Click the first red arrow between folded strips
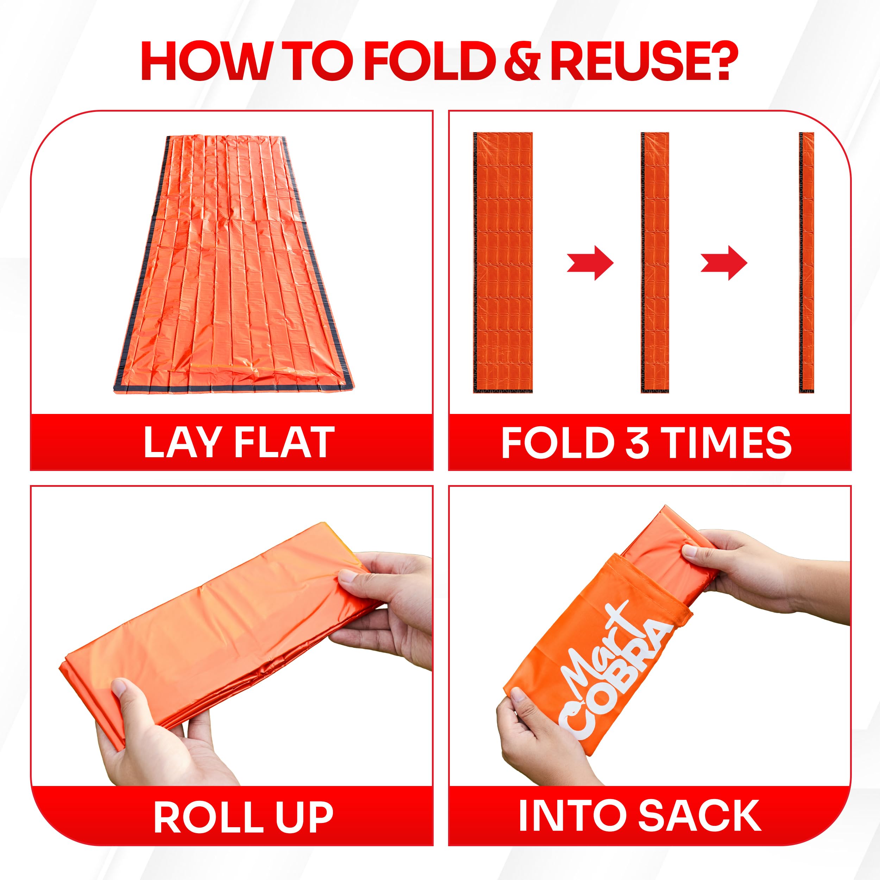pos(590,263)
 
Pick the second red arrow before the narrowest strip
pos(724,263)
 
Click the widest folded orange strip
pos(503,263)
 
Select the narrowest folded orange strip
pos(807,263)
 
